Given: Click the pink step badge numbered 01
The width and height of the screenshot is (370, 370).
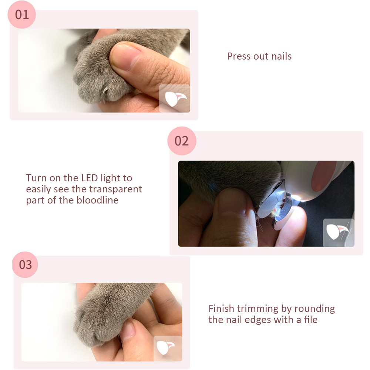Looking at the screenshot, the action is [22, 15].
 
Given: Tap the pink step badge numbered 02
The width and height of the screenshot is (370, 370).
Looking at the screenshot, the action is [182, 141].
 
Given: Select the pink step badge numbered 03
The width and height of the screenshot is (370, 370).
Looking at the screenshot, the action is [25, 265].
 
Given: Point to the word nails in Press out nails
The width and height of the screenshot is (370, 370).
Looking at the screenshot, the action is [281, 56].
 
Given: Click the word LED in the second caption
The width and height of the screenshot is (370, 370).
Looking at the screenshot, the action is [90, 178].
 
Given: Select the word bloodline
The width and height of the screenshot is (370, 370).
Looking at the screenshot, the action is [97, 200].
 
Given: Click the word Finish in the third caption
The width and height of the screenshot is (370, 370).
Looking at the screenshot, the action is [221, 309].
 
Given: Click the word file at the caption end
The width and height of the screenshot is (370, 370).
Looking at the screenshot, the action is [310, 320].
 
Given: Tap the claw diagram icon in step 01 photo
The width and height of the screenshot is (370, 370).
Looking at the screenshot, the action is [175, 98].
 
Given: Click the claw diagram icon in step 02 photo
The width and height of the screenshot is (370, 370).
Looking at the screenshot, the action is [339, 232].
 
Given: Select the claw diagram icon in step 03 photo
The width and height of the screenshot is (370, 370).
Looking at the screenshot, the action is [168, 348].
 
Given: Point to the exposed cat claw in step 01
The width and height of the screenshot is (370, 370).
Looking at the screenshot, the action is [105, 89].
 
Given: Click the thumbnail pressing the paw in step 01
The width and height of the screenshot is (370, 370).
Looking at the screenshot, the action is [122, 57].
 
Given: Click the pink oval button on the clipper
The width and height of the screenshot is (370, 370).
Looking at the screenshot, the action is [324, 176].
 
